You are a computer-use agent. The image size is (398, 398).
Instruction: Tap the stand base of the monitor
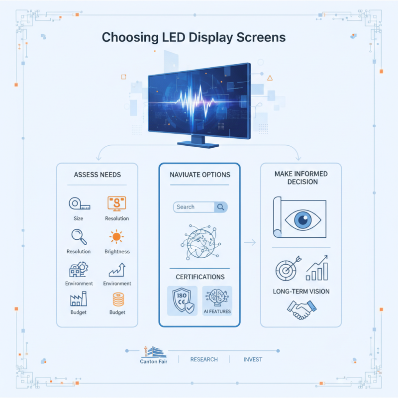point(198,144)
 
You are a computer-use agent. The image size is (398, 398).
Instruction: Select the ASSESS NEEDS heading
point(97,175)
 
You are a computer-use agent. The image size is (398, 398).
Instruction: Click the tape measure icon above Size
point(78,203)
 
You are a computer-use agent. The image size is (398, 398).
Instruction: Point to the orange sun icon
point(117,237)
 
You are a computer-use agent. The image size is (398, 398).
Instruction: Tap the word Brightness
point(117,251)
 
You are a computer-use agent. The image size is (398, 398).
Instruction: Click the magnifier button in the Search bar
point(220,207)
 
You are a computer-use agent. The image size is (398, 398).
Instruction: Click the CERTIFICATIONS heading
point(200,277)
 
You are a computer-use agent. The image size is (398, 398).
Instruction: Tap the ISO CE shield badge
point(182,300)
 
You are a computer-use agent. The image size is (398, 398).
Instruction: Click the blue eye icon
point(300,219)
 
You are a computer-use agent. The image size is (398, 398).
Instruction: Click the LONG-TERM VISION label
point(301,291)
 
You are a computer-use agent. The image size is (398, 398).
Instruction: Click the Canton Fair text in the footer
point(154,361)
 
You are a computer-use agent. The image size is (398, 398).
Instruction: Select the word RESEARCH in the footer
point(204,359)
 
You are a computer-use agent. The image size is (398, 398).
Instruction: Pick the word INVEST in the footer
point(253,359)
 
